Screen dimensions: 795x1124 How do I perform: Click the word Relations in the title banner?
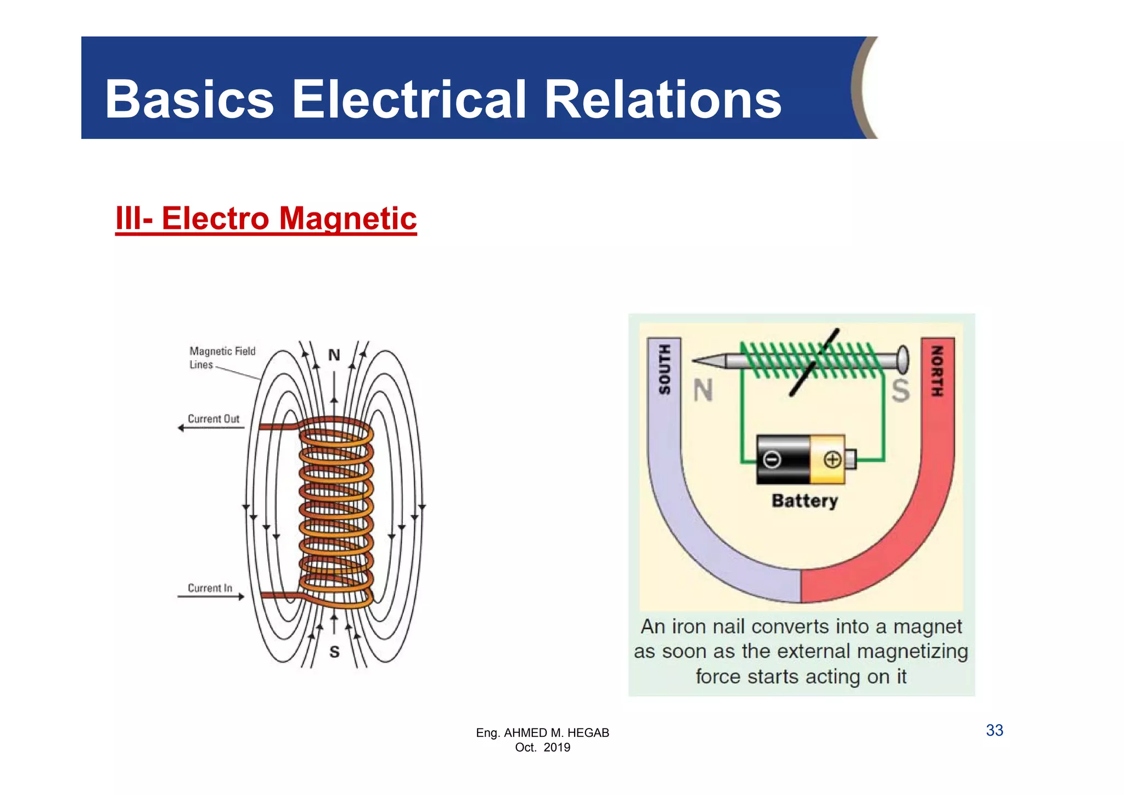[662, 99]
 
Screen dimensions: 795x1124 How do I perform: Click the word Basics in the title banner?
[189, 99]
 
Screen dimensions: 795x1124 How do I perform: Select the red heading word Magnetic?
[348, 219]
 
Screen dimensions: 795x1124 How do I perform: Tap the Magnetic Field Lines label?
[222, 357]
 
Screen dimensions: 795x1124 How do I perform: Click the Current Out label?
[213, 419]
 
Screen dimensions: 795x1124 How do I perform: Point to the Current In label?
[210, 588]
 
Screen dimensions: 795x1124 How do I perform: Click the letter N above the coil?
[334, 355]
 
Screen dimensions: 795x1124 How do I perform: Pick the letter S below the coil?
[334, 652]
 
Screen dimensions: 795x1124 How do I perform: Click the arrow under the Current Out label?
[211, 428]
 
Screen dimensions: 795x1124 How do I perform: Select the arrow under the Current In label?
[211, 597]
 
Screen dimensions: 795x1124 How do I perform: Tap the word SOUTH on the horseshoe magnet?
[665, 370]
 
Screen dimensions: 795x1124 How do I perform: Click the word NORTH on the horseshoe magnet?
[937, 371]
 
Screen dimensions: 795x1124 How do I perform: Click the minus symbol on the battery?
[772, 460]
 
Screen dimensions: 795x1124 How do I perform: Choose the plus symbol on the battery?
[832, 460]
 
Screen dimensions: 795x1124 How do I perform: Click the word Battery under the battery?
[805, 501]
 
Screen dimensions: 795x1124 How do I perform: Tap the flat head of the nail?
[903, 361]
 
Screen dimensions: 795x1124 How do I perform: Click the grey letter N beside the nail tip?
[703, 391]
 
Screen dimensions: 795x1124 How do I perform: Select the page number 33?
[994, 730]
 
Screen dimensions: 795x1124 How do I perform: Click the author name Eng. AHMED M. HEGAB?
[542, 733]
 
